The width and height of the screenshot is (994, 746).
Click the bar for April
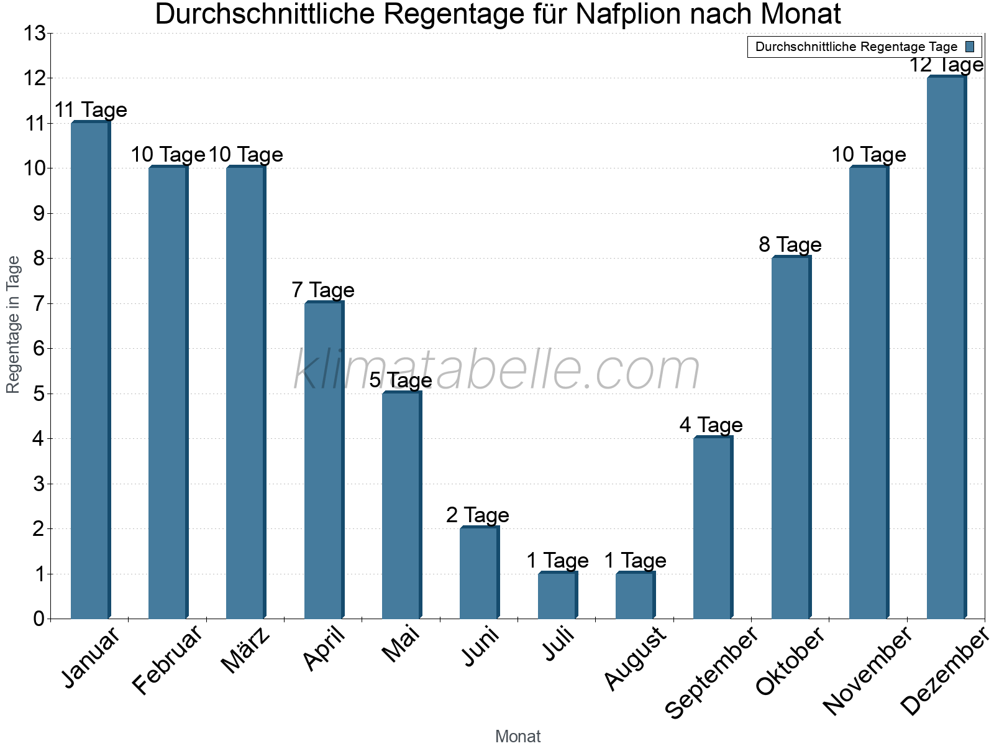pyautogui.click(x=323, y=460)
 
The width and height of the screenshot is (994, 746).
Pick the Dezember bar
pyautogui.click(x=946, y=348)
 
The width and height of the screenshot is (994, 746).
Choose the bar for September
pyautogui.click(x=712, y=528)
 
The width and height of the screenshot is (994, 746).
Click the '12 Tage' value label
pyautogui.click(x=946, y=65)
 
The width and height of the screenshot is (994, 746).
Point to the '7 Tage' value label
pyautogui.click(x=323, y=290)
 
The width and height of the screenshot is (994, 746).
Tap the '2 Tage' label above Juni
pyautogui.click(x=478, y=515)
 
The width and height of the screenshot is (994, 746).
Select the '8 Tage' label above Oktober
pyautogui.click(x=790, y=245)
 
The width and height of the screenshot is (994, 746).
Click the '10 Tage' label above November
pyautogui.click(x=869, y=155)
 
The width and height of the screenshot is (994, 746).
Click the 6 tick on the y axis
pyautogui.click(x=39, y=349)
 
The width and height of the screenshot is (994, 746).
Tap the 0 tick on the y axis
pyautogui.click(x=39, y=619)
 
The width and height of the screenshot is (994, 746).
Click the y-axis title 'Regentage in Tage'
pyautogui.click(x=13, y=325)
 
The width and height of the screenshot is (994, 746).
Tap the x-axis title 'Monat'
pyautogui.click(x=518, y=737)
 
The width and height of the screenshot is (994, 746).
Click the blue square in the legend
pyautogui.click(x=970, y=47)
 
